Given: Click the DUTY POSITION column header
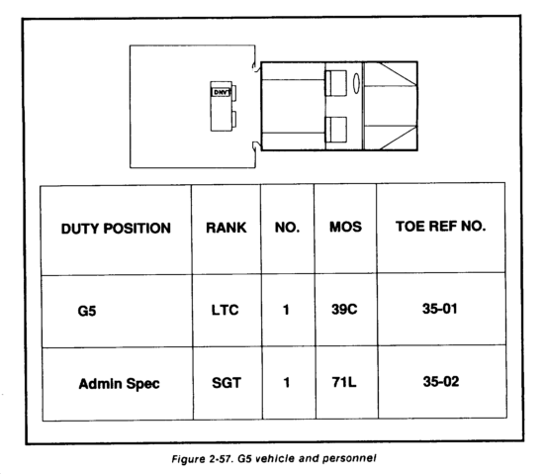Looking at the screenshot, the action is pyautogui.click(x=116, y=229).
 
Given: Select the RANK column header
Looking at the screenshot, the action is pyautogui.click(x=227, y=228).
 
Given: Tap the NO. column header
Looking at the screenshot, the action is pyautogui.click(x=287, y=228).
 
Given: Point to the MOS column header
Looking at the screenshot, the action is pyautogui.click(x=345, y=227).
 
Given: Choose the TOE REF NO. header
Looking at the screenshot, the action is pyautogui.click(x=440, y=227).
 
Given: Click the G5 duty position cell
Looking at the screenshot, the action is pyautogui.click(x=87, y=311).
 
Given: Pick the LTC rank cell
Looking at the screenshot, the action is pyautogui.click(x=226, y=310).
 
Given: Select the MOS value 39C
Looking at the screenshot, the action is pyautogui.click(x=344, y=309).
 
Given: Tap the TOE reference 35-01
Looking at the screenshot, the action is pyautogui.click(x=440, y=309).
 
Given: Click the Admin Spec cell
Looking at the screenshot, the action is pyautogui.click(x=119, y=384).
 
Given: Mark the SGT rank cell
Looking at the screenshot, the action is pyautogui.click(x=227, y=383).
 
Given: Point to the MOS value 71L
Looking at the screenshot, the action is pyautogui.click(x=344, y=382).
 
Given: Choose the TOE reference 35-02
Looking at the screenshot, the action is pyautogui.click(x=441, y=381).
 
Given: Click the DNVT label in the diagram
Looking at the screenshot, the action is pyautogui.click(x=221, y=92).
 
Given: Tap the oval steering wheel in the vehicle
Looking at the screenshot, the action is pyautogui.click(x=356, y=83).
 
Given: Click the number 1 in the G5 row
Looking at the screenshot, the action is pyautogui.click(x=286, y=310).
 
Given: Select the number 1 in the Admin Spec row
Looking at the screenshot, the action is pyautogui.click(x=286, y=382).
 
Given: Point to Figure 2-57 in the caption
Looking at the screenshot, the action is pyautogui.click(x=202, y=459).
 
